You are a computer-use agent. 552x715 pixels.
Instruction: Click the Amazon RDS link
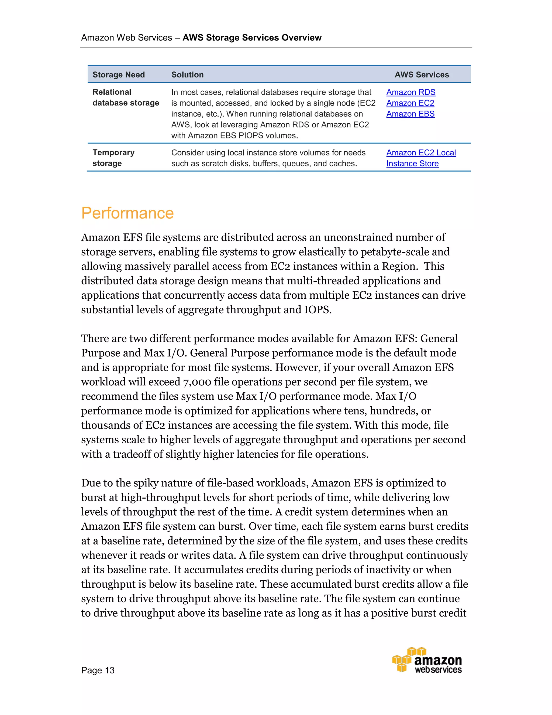click(x=411, y=92)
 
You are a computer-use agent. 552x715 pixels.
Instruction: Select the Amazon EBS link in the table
click(x=410, y=114)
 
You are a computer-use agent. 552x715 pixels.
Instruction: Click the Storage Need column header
click(x=118, y=75)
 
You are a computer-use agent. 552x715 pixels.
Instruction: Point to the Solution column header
click(x=187, y=75)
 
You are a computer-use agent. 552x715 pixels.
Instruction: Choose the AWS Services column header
click(x=422, y=75)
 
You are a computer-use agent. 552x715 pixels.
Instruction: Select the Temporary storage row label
click(x=113, y=158)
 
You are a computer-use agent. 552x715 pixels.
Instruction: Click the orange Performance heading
click(x=127, y=213)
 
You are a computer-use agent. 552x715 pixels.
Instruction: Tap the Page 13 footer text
click(x=98, y=670)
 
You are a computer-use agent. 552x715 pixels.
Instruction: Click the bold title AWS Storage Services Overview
click(x=252, y=38)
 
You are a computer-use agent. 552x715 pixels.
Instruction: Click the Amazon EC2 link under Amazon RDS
click(x=410, y=103)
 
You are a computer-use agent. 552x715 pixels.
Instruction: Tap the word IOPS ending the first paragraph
click(x=317, y=310)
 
